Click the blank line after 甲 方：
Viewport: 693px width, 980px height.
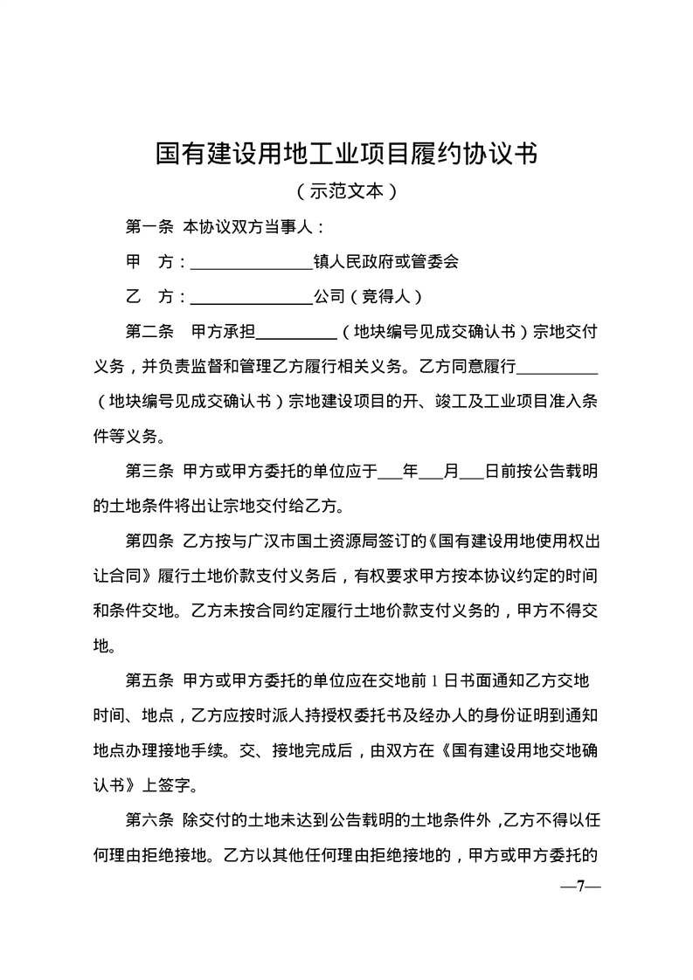[x=251, y=262]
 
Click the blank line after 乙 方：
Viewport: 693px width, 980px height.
[x=251, y=297]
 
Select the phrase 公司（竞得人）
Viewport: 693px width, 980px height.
[x=368, y=296]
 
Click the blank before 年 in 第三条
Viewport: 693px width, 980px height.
[x=390, y=473]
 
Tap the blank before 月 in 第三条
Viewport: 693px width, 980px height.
[x=432, y=473]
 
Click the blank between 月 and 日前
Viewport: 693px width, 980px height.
[x=472, y=473]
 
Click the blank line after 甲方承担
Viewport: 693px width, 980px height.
[x=296, y=333]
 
